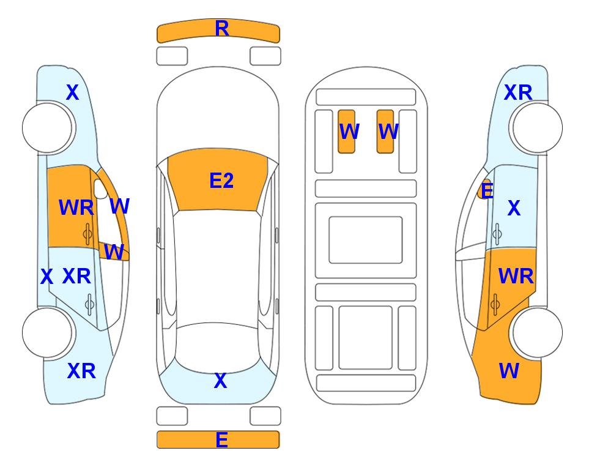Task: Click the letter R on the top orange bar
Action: [222, 28]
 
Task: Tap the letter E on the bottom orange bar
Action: [221, 439]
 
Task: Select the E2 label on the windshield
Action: [221, 181]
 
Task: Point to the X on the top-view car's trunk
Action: [221, 381]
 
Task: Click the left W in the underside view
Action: [349, 132]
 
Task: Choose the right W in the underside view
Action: [388, 132]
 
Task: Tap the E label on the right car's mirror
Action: [487, 190]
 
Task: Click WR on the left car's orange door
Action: [76, 207]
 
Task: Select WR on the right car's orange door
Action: [516, 277]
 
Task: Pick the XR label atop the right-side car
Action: [518, 92]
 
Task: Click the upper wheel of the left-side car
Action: [48, 128]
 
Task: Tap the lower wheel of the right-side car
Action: [537, 332]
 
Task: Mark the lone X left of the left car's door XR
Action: [46, 277]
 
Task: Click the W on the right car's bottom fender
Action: [509, 371]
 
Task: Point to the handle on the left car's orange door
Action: [87, 234]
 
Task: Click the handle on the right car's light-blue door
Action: [497, 234]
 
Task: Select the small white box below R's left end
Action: [172, 56]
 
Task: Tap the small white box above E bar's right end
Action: [265, 416]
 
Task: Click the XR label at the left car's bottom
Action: [81, 371]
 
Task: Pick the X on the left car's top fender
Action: [73, 92]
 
